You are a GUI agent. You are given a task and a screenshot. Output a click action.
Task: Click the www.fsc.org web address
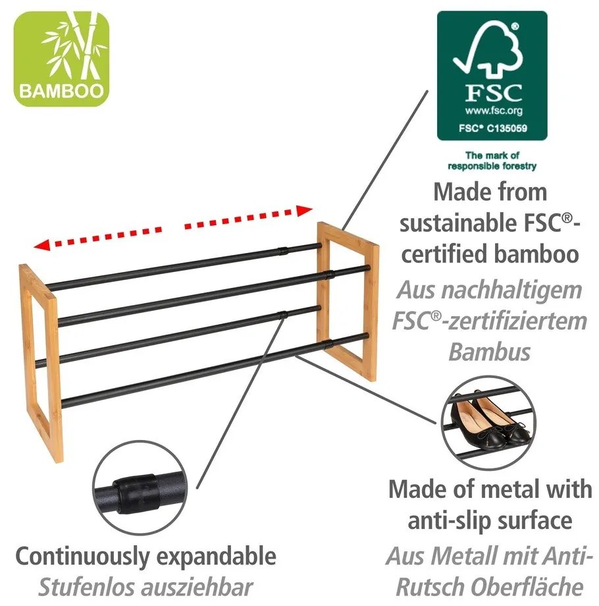(493, 111)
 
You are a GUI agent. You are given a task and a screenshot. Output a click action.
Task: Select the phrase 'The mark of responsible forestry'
(492, 161)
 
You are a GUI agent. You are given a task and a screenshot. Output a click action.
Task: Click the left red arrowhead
(42, 246)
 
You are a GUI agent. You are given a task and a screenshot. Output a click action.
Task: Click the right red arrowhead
(305, 211)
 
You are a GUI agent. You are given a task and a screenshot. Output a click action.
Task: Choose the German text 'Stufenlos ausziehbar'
(145, 586)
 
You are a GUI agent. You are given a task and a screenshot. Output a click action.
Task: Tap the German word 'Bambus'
(489, 352)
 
